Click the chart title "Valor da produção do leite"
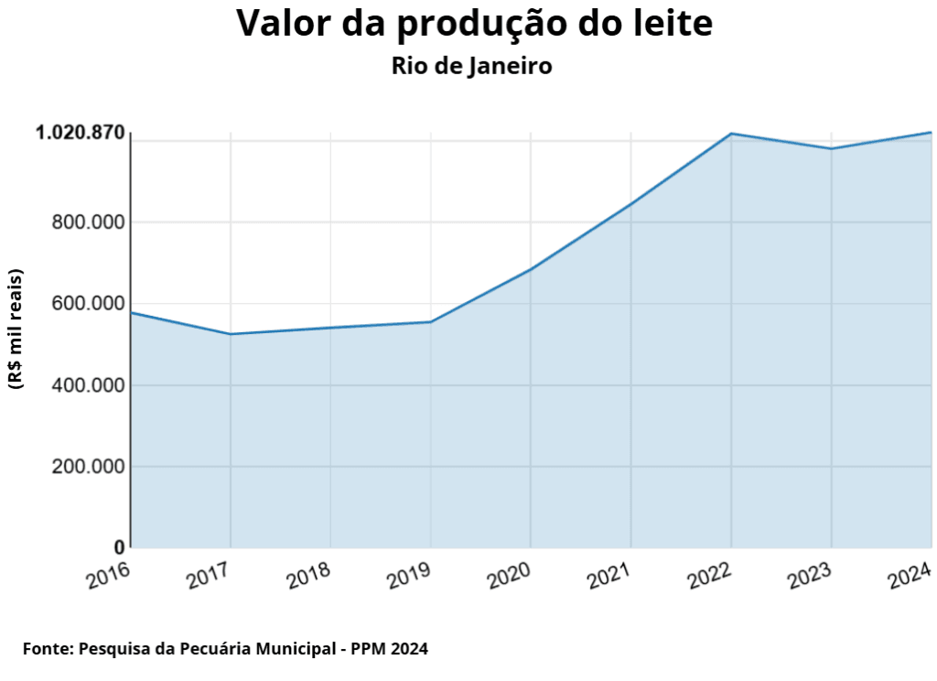(x=474, y=24)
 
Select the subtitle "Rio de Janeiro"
(x=471, y=67)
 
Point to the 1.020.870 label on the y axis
(x=80, y=134)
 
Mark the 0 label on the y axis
(x=119, y=547)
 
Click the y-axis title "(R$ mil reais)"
(x=16, y=330)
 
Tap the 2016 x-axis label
(x=109, y=575)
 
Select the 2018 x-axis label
(x=308, y=575)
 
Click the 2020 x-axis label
(x=509, y=575)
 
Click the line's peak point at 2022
(x=731, y=134)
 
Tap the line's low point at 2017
(x=231, y=334)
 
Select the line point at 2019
(x=430, y=322)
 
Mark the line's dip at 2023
(x=831, y=149)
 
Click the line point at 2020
(x=531, y=269)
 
